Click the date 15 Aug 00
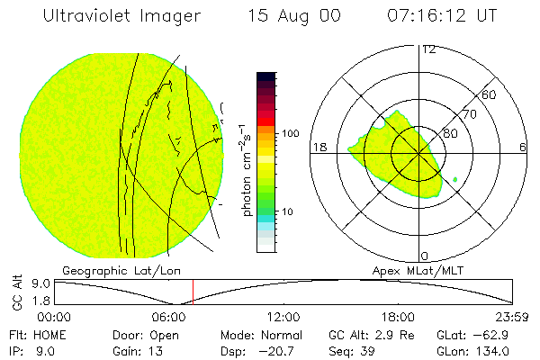(293, 16)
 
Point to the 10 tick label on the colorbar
(287, 212)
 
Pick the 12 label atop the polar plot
(428, 49)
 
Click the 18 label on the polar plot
(318, 148)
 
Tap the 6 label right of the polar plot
(523, 148)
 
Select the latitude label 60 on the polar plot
(490, 94)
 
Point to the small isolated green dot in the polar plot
(455, 181)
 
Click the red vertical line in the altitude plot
(193, 292)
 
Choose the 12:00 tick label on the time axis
(285, 318)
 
